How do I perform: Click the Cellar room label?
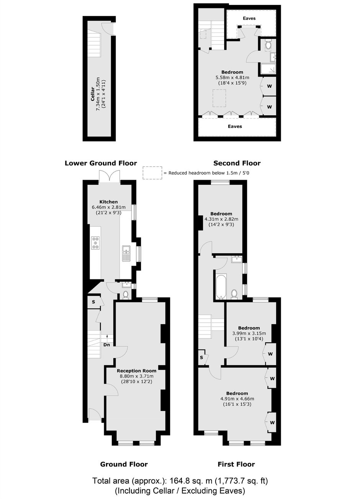coord(92,94)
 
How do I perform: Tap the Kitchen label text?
coord(108,202)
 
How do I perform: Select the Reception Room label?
coord(136,371)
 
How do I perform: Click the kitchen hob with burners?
coord(95,243)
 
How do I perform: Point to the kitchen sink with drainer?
coord(126,253)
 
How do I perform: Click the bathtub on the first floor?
coord(221,287)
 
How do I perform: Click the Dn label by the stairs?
coord(106,345)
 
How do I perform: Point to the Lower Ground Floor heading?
coord(101,163)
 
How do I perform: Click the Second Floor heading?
coord(237,163)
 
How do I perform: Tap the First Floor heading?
coord(236,464)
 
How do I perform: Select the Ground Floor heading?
coord(124,464)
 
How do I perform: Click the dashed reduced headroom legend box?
coord(152,173)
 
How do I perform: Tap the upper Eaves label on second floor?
coord(249,18)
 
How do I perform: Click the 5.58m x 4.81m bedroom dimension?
coord(232,77)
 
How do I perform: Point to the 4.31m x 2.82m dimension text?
coord(221,219)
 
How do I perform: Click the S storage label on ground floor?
coord(93,302)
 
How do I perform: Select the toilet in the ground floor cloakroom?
coord(126,295)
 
